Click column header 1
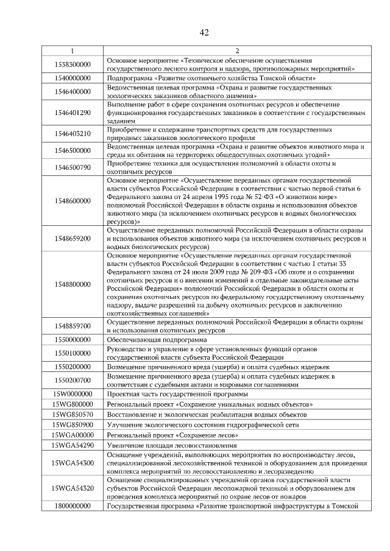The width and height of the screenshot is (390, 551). [73, 51]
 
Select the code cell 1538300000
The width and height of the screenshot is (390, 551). [73, 65]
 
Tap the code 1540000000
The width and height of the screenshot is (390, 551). [73, 79]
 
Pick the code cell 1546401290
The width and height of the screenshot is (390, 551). [73, 113]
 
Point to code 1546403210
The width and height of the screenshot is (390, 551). [73, 134]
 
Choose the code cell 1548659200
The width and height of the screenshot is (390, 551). [73, 239]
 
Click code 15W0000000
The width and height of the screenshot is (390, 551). [73, 395]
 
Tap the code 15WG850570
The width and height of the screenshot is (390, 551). [73, 415]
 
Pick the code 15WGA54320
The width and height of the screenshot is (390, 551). [73, 488]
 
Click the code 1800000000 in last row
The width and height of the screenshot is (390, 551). [73, 506]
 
